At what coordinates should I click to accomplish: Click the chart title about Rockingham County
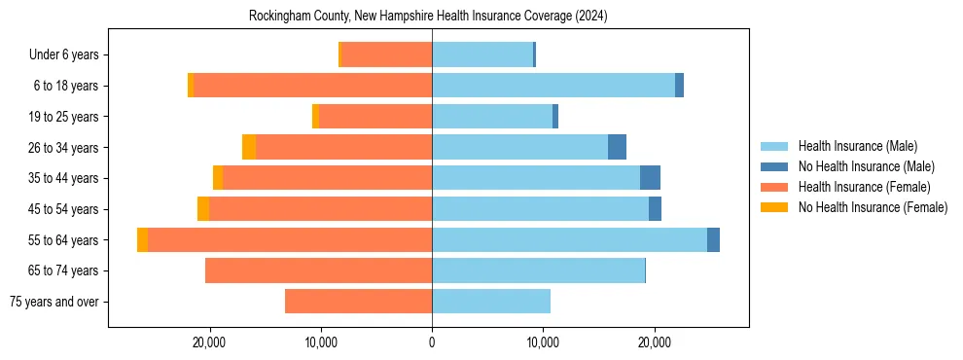pos(428,16)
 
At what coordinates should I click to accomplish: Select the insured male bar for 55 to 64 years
pos(569,239)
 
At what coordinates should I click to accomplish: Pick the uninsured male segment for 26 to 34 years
pos(617,147)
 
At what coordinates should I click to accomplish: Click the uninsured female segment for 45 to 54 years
pos(203,208)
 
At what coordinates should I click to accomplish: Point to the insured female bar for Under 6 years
pos(386,54)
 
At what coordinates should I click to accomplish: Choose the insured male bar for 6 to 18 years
pos(553,86)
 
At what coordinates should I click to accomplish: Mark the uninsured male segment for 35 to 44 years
pos(650,178)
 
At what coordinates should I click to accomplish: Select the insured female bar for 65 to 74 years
pos(318,270)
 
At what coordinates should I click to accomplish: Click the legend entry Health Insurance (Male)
pos(857,146)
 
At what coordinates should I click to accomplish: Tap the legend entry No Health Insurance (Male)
pos(866,166)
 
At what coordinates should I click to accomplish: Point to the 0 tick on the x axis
pos(432,342)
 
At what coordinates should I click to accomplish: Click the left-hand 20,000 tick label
pos(209,342)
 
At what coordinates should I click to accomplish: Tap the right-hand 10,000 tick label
pos(543,342)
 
